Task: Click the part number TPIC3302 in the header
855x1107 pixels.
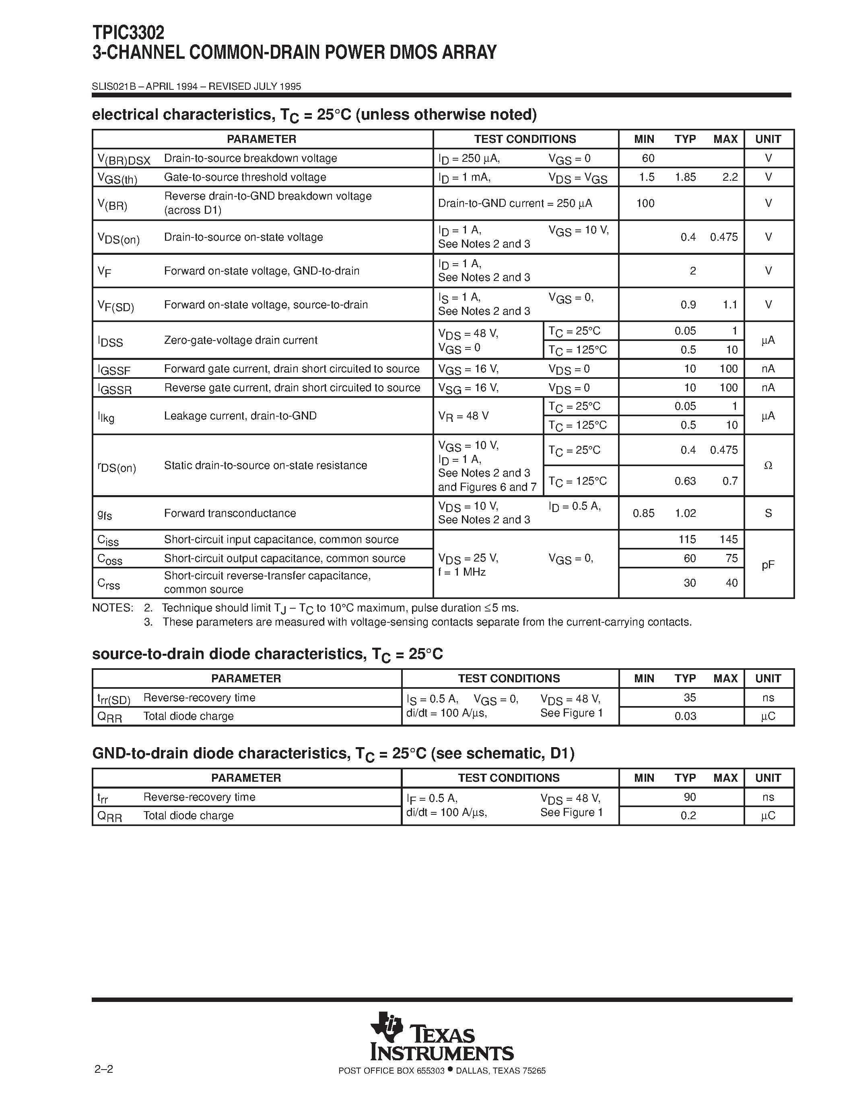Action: [128, 33]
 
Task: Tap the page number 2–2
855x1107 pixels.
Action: [103, 1084]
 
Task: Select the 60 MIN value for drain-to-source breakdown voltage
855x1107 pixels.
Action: [648, 158]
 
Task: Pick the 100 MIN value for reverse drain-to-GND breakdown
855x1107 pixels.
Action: [645, 203]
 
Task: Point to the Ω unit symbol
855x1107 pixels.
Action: [768, 465]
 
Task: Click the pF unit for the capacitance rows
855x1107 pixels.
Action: [768, 564]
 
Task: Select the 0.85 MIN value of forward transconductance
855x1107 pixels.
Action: [643, 513]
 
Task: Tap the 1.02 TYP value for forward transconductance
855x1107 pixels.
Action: [685, 513]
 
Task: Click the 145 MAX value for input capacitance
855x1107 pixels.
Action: [728, 539]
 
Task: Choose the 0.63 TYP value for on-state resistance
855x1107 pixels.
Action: [685, 481]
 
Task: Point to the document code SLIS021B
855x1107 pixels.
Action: [114, 86]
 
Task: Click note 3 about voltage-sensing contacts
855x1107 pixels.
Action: [426, 622]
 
